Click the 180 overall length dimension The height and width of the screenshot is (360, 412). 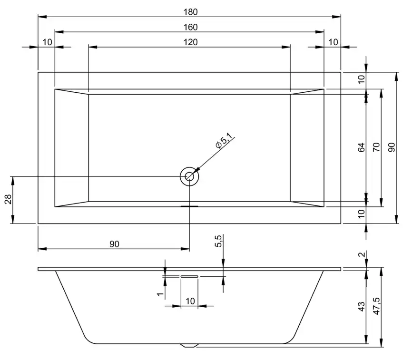coord(189,11)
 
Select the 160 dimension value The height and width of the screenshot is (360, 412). coord(189,27)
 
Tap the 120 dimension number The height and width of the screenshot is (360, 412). coord(190,42)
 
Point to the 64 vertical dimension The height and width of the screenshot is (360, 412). coord(362,147)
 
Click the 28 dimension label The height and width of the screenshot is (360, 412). coord(8,200)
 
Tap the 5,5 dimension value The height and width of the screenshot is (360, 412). coord(218,241)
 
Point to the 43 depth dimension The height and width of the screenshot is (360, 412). coord(362,307)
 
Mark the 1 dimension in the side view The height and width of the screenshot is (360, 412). coord(160,295)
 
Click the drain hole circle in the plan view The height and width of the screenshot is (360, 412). coord(189,176)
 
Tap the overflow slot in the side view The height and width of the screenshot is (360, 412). coord(189,276)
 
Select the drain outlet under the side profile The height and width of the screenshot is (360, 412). coord(189,345)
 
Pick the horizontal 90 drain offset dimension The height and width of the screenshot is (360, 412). coord(114,244)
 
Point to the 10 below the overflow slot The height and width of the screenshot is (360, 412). coord(190,301)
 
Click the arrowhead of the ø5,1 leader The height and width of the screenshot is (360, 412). coord(196,170)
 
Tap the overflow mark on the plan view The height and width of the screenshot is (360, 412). coord(189,207)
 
